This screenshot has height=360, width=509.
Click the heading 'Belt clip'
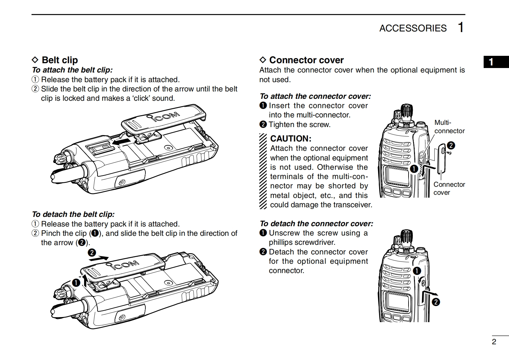pyautogui.click(x=60, y=60)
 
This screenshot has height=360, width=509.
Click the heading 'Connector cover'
pyautogui.click(x=306, y=60)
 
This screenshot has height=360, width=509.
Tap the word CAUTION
pyautogui.click(x=291, y=139)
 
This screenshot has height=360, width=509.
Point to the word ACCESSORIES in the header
pyautogui.click(x=413, y=28)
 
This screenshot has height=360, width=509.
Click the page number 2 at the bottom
pyautogui.click(x=494, y=342)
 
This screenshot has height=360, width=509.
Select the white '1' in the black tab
pyautogui.click(x=491, y=62)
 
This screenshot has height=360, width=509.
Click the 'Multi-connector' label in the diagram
pyautogui.click(x=449, y=127)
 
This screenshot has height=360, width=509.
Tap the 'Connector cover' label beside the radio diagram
pyautogui.click(x=449, y=188)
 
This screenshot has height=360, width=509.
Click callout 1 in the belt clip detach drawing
pyautogui.click(x=76, y=283)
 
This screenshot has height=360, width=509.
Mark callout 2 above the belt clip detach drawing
pyautogui.click(x=92, y=253)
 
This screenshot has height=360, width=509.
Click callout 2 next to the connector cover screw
pyautogui.click(x=451, y=145)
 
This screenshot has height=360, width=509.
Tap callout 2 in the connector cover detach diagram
pyautogui.click(x=436, y=302)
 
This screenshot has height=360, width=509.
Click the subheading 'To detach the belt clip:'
pyautogui.click(x=73, y=214)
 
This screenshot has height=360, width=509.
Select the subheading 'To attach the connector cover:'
pyautogui.click(x=315, y=96)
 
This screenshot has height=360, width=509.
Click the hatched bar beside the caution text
pyautogui.click(x=263, y=171)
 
